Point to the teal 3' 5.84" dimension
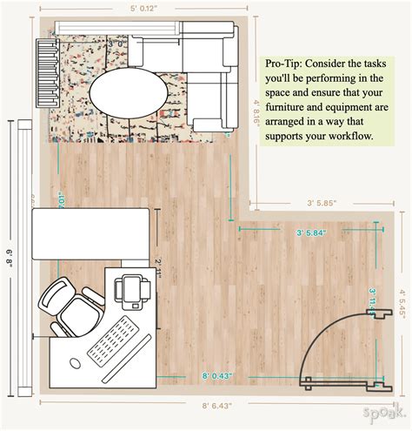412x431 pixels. (315, 232)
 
